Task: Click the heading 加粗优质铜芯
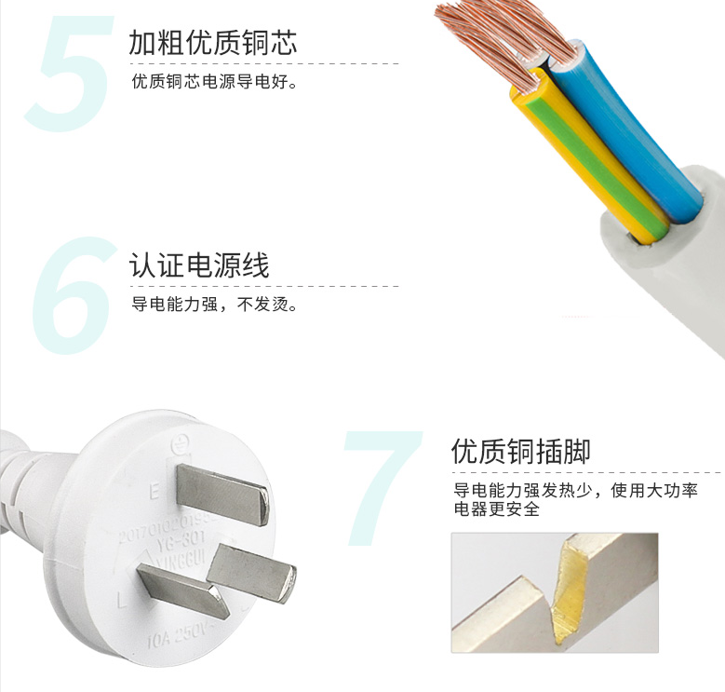213,43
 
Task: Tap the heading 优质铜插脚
520,452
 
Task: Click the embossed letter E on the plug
154,486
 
